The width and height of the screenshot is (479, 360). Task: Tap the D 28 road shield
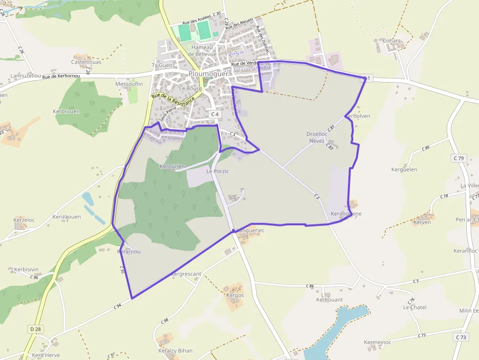tap(36, 329)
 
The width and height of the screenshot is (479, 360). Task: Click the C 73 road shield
tap(460, 337)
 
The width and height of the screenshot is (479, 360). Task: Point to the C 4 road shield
tap(214, 114)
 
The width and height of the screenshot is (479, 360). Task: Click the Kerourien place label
tap(173, 167)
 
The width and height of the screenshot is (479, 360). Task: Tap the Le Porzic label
tap(217, 171)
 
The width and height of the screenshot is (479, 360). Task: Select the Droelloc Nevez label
tap(316, 137)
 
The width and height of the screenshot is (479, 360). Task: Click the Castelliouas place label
tap(86, 62)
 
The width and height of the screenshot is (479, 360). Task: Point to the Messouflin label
tap(129, 84)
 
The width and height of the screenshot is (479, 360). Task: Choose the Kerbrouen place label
tap(66, 111)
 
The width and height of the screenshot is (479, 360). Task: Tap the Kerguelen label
tap(404, 169)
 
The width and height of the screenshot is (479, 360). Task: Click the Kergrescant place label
tap(186, 274)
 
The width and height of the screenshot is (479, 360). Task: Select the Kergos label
tap(235, 296)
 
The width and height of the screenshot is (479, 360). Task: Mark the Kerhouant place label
tap(329, 299)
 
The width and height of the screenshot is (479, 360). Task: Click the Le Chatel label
tap(414, 307)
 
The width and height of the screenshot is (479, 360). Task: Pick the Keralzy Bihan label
tap(175, 351)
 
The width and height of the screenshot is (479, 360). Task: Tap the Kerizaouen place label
tap(66, 216)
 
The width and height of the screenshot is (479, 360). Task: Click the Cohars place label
tap(392, 41)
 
